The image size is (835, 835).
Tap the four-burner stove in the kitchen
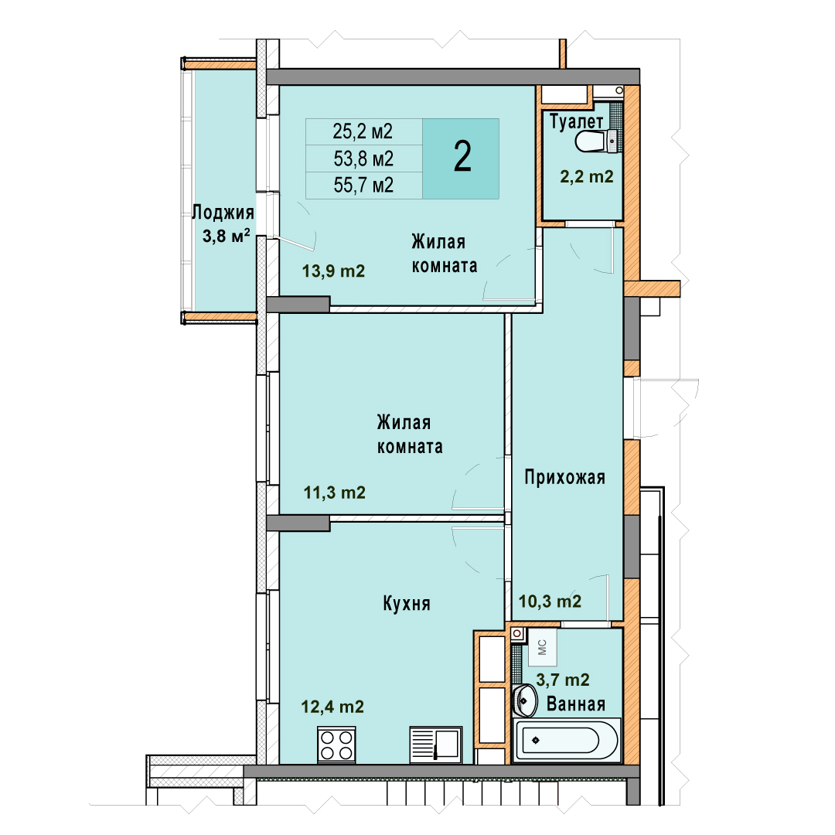coord(336,745)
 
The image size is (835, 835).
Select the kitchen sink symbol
coord(435,745)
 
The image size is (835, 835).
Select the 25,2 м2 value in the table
coord(363,131)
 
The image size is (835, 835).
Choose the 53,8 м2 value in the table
coord(363,158)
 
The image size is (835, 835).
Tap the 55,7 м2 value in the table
coord(363,186)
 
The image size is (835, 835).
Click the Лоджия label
coord(223,213)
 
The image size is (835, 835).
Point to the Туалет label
coord(576,122)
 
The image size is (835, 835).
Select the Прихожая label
coord(565,477)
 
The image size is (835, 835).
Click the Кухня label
coord(407,604)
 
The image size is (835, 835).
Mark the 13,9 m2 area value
coord(333,271)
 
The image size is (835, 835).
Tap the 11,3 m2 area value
coord(335,492)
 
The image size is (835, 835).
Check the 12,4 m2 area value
coord(332,707)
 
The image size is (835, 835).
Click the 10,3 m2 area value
coord(550,602)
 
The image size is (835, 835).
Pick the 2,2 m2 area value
coord(586,176)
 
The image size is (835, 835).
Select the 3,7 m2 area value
coord(563,680)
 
